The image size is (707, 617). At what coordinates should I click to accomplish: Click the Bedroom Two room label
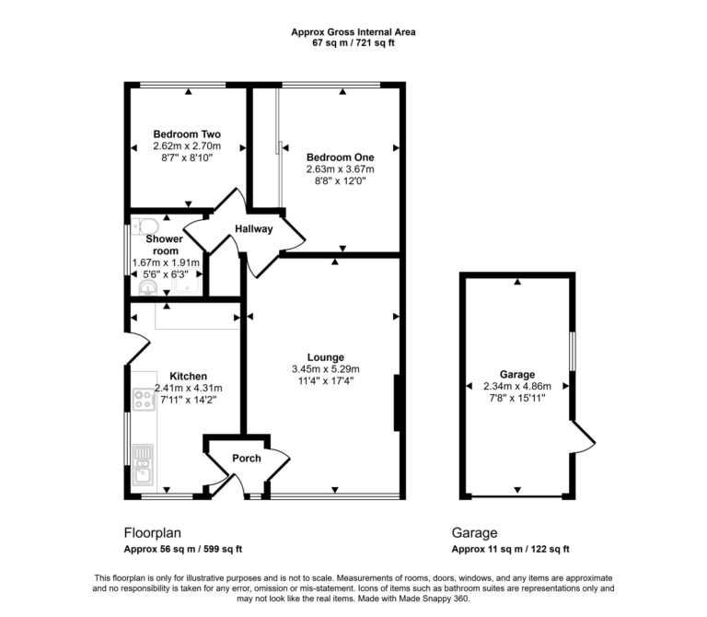pyautogui.click(x=187, y=134)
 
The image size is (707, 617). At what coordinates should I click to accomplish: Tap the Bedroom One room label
pyautogui.click(x=340, y=157)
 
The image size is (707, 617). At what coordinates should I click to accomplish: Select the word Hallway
pyautogui.click(x=254, y=229)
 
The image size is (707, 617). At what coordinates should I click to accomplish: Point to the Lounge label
pyautogui.click(x=326, y=357)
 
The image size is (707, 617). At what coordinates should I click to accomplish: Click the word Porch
pyautogui.click(x=246, y=459)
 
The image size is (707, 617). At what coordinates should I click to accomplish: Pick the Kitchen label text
pyautogui.click(x=188, y=376)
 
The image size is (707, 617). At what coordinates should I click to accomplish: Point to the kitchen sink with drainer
pyautogui.click(x=143, y=464)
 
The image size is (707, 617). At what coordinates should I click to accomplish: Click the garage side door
pyautogui.click(x=584, y=437)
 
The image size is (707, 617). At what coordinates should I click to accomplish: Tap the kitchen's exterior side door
pyautogui.click(x=136, y=349)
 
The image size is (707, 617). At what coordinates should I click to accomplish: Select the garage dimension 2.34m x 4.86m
pyautogui.click(x=517, y=387)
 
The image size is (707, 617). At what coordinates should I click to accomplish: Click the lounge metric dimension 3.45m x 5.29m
pyautogui.click(x=326, y=369)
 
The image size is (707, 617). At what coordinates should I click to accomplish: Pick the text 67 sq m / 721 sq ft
pyautogui.click(x=353, y=43)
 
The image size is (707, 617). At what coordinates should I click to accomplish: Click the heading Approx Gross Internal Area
pyautogui.click(x=353, y=31)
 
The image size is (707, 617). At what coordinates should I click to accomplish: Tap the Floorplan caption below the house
pyautogui.click(x=153, y=532)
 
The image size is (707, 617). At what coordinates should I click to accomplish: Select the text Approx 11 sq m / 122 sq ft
pyautogui.click(x=510, y=550)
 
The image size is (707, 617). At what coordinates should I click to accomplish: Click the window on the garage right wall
pyautogui.click(x=573, y=350)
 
